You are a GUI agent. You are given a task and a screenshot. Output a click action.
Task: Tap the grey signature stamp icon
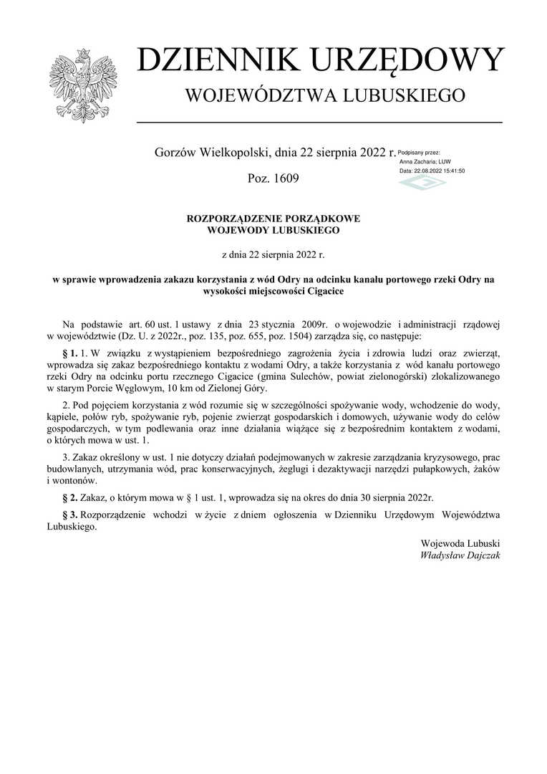[422, 183]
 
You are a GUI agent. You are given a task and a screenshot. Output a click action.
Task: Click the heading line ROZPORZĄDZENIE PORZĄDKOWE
[273, 219]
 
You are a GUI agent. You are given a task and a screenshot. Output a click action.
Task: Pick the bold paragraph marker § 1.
[69, 353]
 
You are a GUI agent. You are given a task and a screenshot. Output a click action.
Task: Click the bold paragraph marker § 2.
[69, 496]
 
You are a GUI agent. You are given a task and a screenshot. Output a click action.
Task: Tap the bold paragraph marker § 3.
[69, 514]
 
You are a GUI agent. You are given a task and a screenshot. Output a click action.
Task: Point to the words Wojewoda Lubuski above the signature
[461, 542]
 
